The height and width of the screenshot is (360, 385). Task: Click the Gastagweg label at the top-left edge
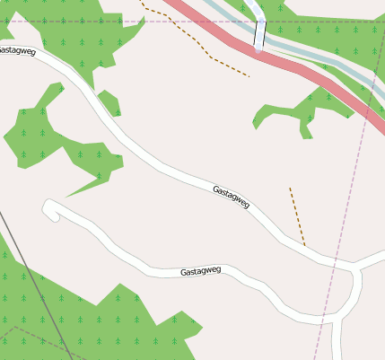[17, 51]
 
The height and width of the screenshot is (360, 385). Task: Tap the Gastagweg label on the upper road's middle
[232, 197]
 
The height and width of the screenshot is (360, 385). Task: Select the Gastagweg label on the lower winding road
[200, 270]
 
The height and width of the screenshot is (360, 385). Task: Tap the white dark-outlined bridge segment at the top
[259, 34]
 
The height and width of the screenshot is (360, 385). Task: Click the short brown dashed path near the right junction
[297, 215]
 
